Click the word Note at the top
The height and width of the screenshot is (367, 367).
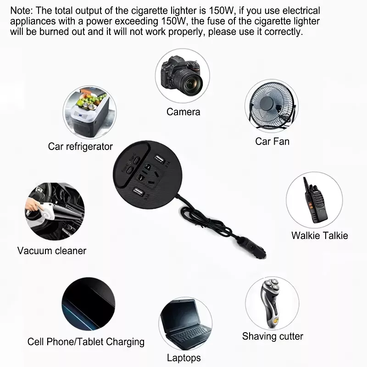tap(21, 11)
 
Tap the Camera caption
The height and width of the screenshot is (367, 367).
tap(183, 112)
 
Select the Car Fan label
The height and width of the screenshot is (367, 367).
tap(272, 141)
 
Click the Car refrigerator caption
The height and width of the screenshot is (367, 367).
tap(80, 147)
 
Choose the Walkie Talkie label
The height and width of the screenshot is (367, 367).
tap(319, 235)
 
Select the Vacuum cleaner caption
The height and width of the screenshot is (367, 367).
tap(52, 250)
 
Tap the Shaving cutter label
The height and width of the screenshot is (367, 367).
tap(272, 336)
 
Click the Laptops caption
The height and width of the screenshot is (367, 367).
tap(184, 358)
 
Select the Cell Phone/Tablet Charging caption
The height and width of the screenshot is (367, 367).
tap(86, 342)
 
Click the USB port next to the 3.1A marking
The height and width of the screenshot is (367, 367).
tap(159, 159)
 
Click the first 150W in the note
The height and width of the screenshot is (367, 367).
tap(222, 11)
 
